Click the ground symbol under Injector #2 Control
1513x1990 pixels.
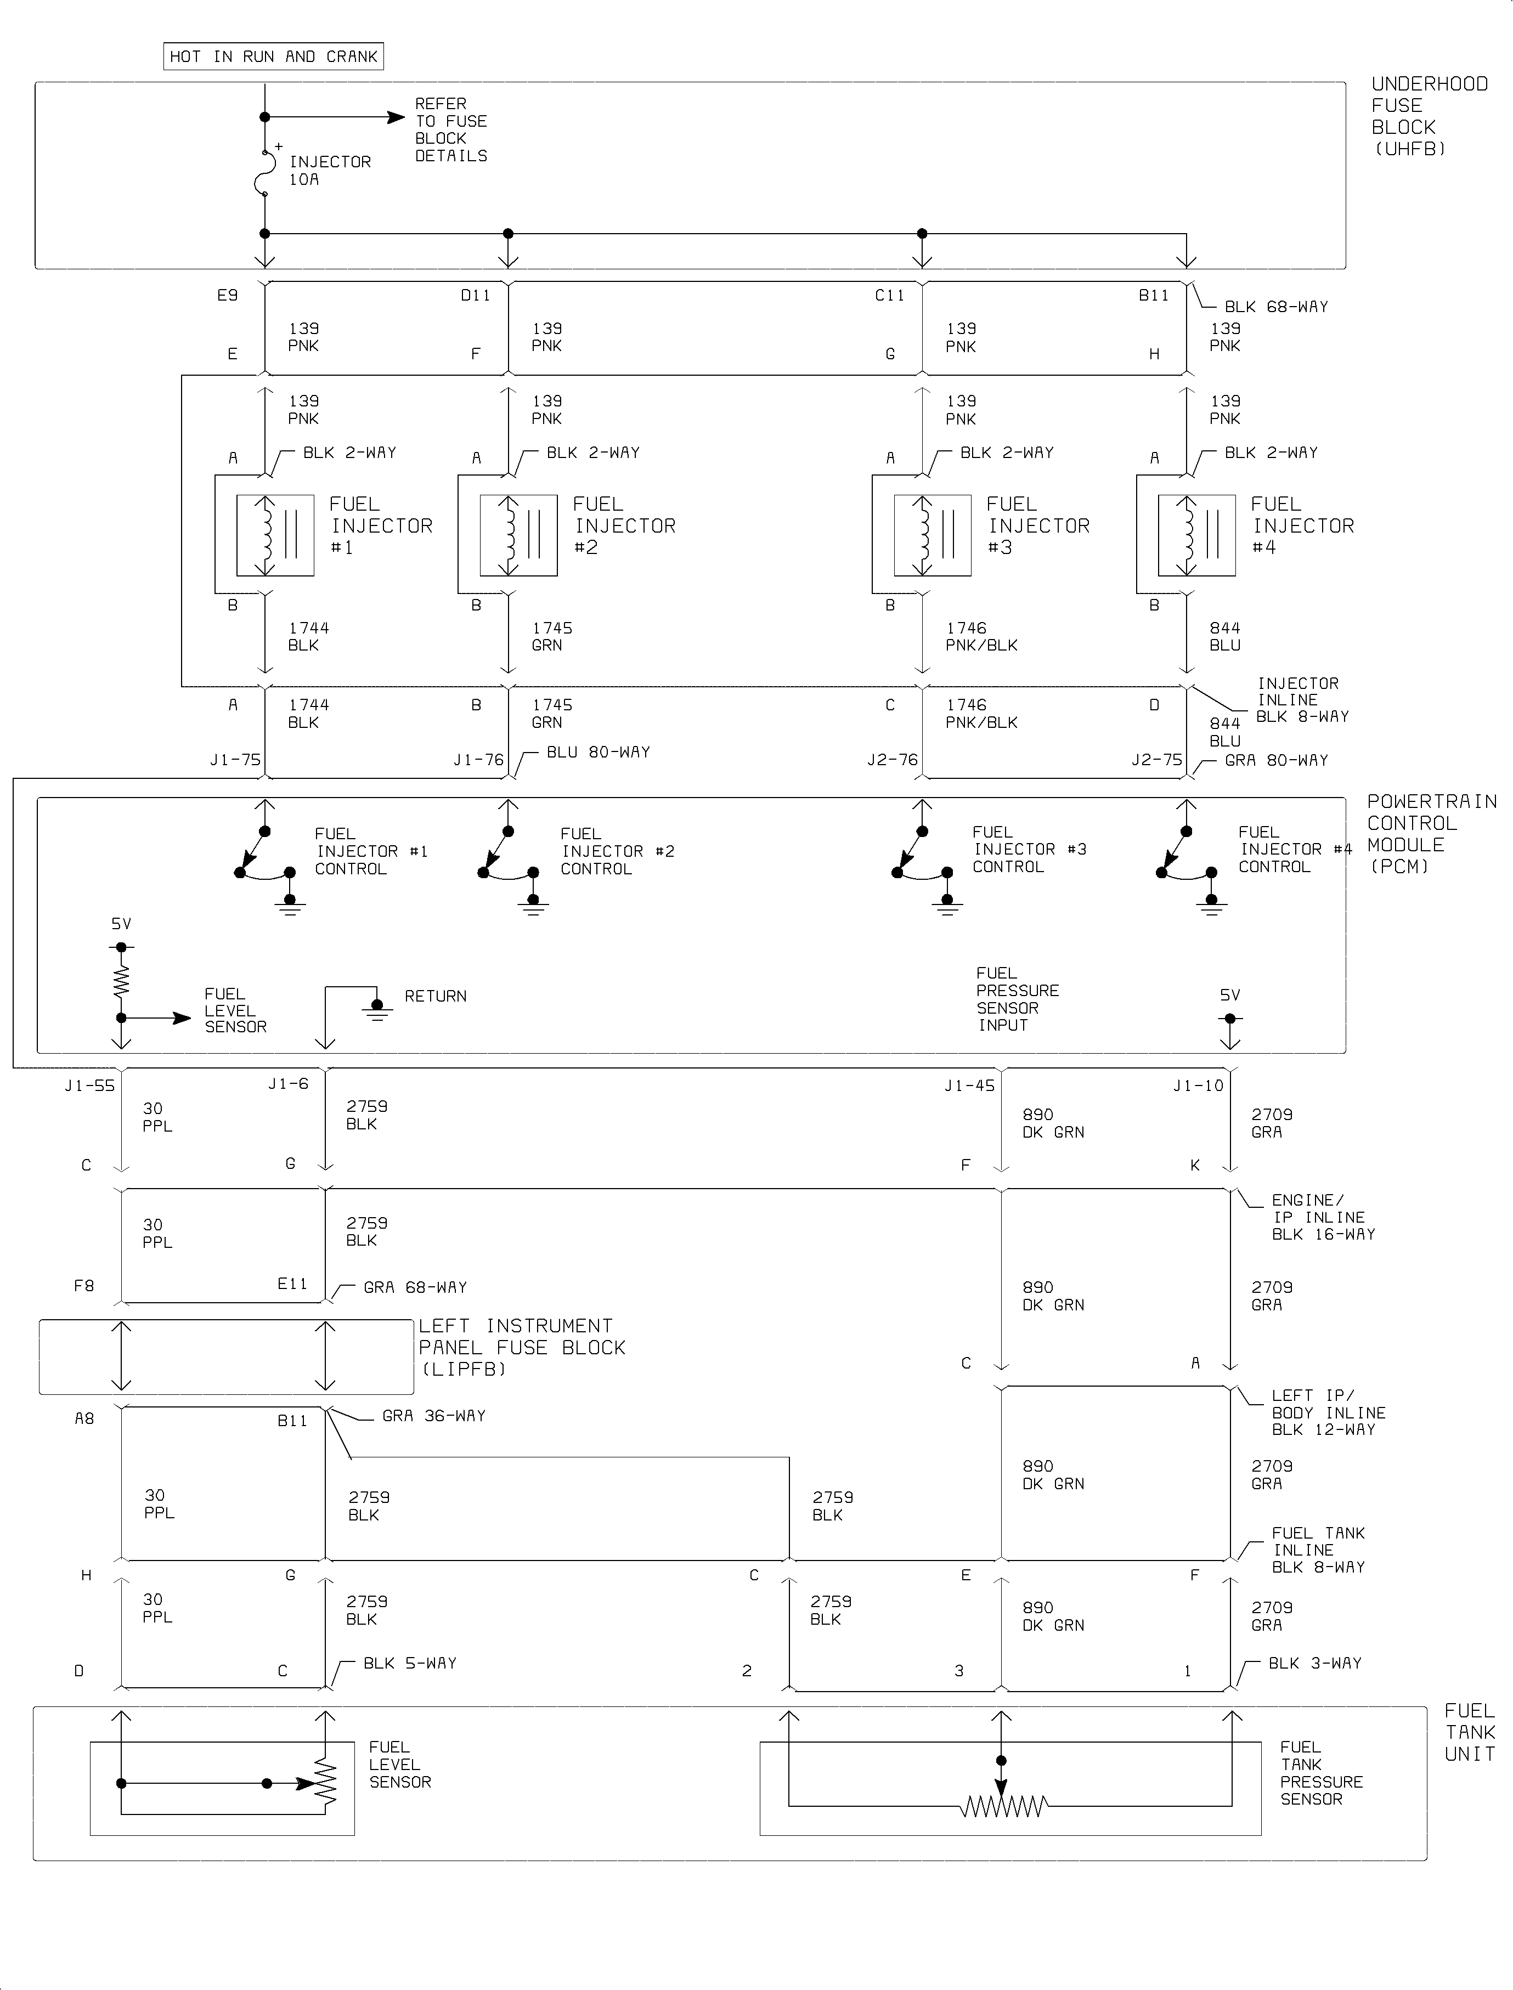click(533, 905)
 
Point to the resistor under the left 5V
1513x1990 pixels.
click(121, 981)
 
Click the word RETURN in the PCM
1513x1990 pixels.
click(435, 996)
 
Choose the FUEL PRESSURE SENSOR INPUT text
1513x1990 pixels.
click(1017, 999)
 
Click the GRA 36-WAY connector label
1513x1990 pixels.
click(433, 1416)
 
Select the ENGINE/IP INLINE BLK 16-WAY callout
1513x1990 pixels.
click(1322, 1217)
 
